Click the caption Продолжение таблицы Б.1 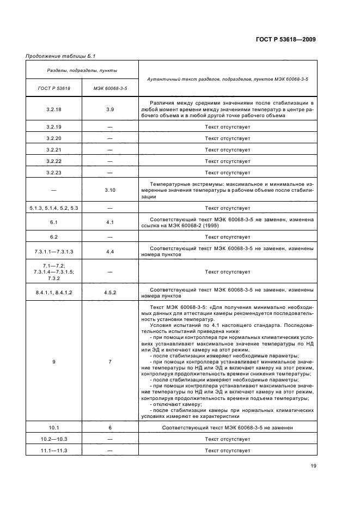pos(57,56)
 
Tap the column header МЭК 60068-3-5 pos(109,88)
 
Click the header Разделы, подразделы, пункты pos(81,70)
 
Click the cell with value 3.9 pos(109,109)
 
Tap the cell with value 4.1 pos(109,222)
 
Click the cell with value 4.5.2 pos(109,293)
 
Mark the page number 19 pos(313,466)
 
